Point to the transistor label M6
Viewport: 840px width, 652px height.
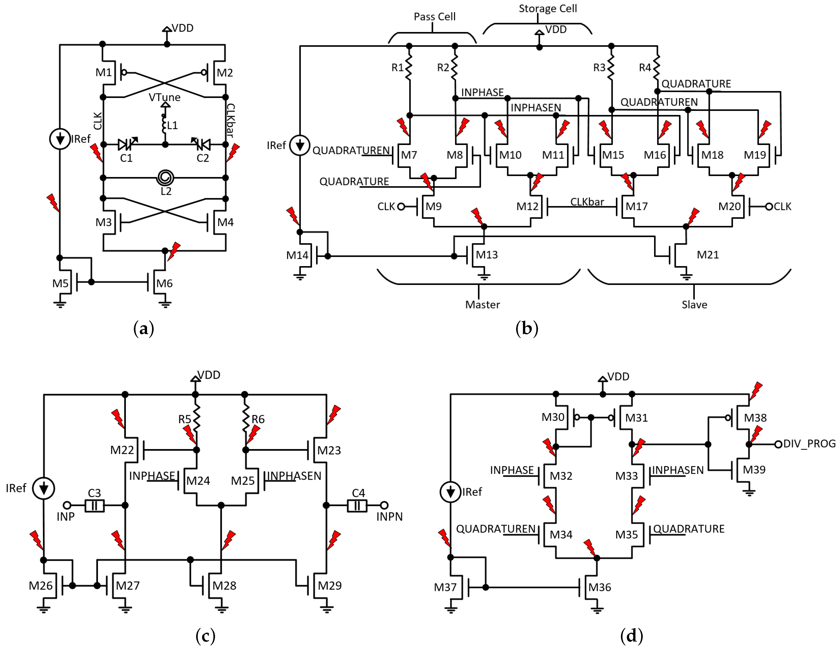tap(164, 283)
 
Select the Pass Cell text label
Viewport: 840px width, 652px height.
tap(434, 17)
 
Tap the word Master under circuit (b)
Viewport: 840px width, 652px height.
tap(482, 305)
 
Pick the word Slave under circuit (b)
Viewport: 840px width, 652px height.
tap(694, 305)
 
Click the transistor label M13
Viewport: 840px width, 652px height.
tap(487, 255)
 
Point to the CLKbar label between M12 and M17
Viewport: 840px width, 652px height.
tap(587, 202)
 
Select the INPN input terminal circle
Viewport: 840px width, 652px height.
tap(384, 505)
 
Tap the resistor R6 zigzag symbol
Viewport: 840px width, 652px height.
tap(246, 419)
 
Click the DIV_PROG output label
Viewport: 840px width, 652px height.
tap(809, 444)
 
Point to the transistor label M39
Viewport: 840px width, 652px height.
tap(754, 470)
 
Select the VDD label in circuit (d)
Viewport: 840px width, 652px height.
tap(618, 377)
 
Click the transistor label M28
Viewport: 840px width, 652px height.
tap(224, 585)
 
